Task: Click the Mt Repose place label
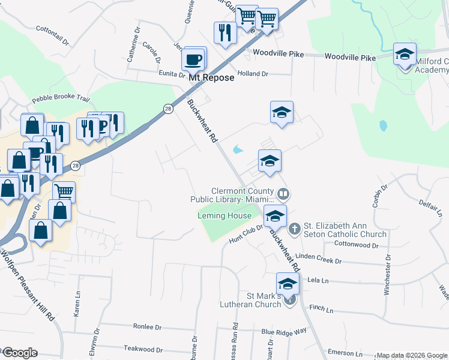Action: (x=211, y=77)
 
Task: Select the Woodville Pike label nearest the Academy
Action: (x=350, y=57)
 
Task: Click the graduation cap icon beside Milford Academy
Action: (x=405, y=55)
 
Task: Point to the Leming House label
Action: (x=224, y=215)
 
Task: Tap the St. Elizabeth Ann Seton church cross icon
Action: (x=294, y=228)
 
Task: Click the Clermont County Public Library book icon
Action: (x=283, y=194)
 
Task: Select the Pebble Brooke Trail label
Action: (x=61, y=98)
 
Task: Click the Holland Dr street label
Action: (x=252, y=74)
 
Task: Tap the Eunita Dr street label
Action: (x=172, y=74)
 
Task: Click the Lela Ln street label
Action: (x=319, y=280)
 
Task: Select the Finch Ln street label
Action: (x=321, y=309)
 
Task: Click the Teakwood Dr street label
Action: (x=143, y=348)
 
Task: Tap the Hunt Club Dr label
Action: (x=246, y=233)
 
